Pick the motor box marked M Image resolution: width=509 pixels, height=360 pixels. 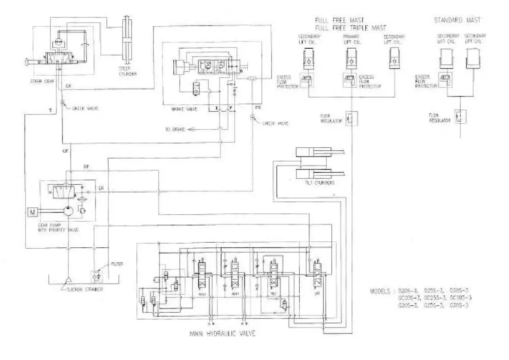[x=31, y=212]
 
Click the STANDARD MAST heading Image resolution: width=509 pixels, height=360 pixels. [x=456, y=20]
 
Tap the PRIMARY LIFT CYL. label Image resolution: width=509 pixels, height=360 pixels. [x=350, y=39]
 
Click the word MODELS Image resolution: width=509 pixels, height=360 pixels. [x=382, y=291]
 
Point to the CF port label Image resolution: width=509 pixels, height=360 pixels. [x=65, y=151]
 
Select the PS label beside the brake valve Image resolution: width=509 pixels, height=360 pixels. [x=257, y=106]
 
